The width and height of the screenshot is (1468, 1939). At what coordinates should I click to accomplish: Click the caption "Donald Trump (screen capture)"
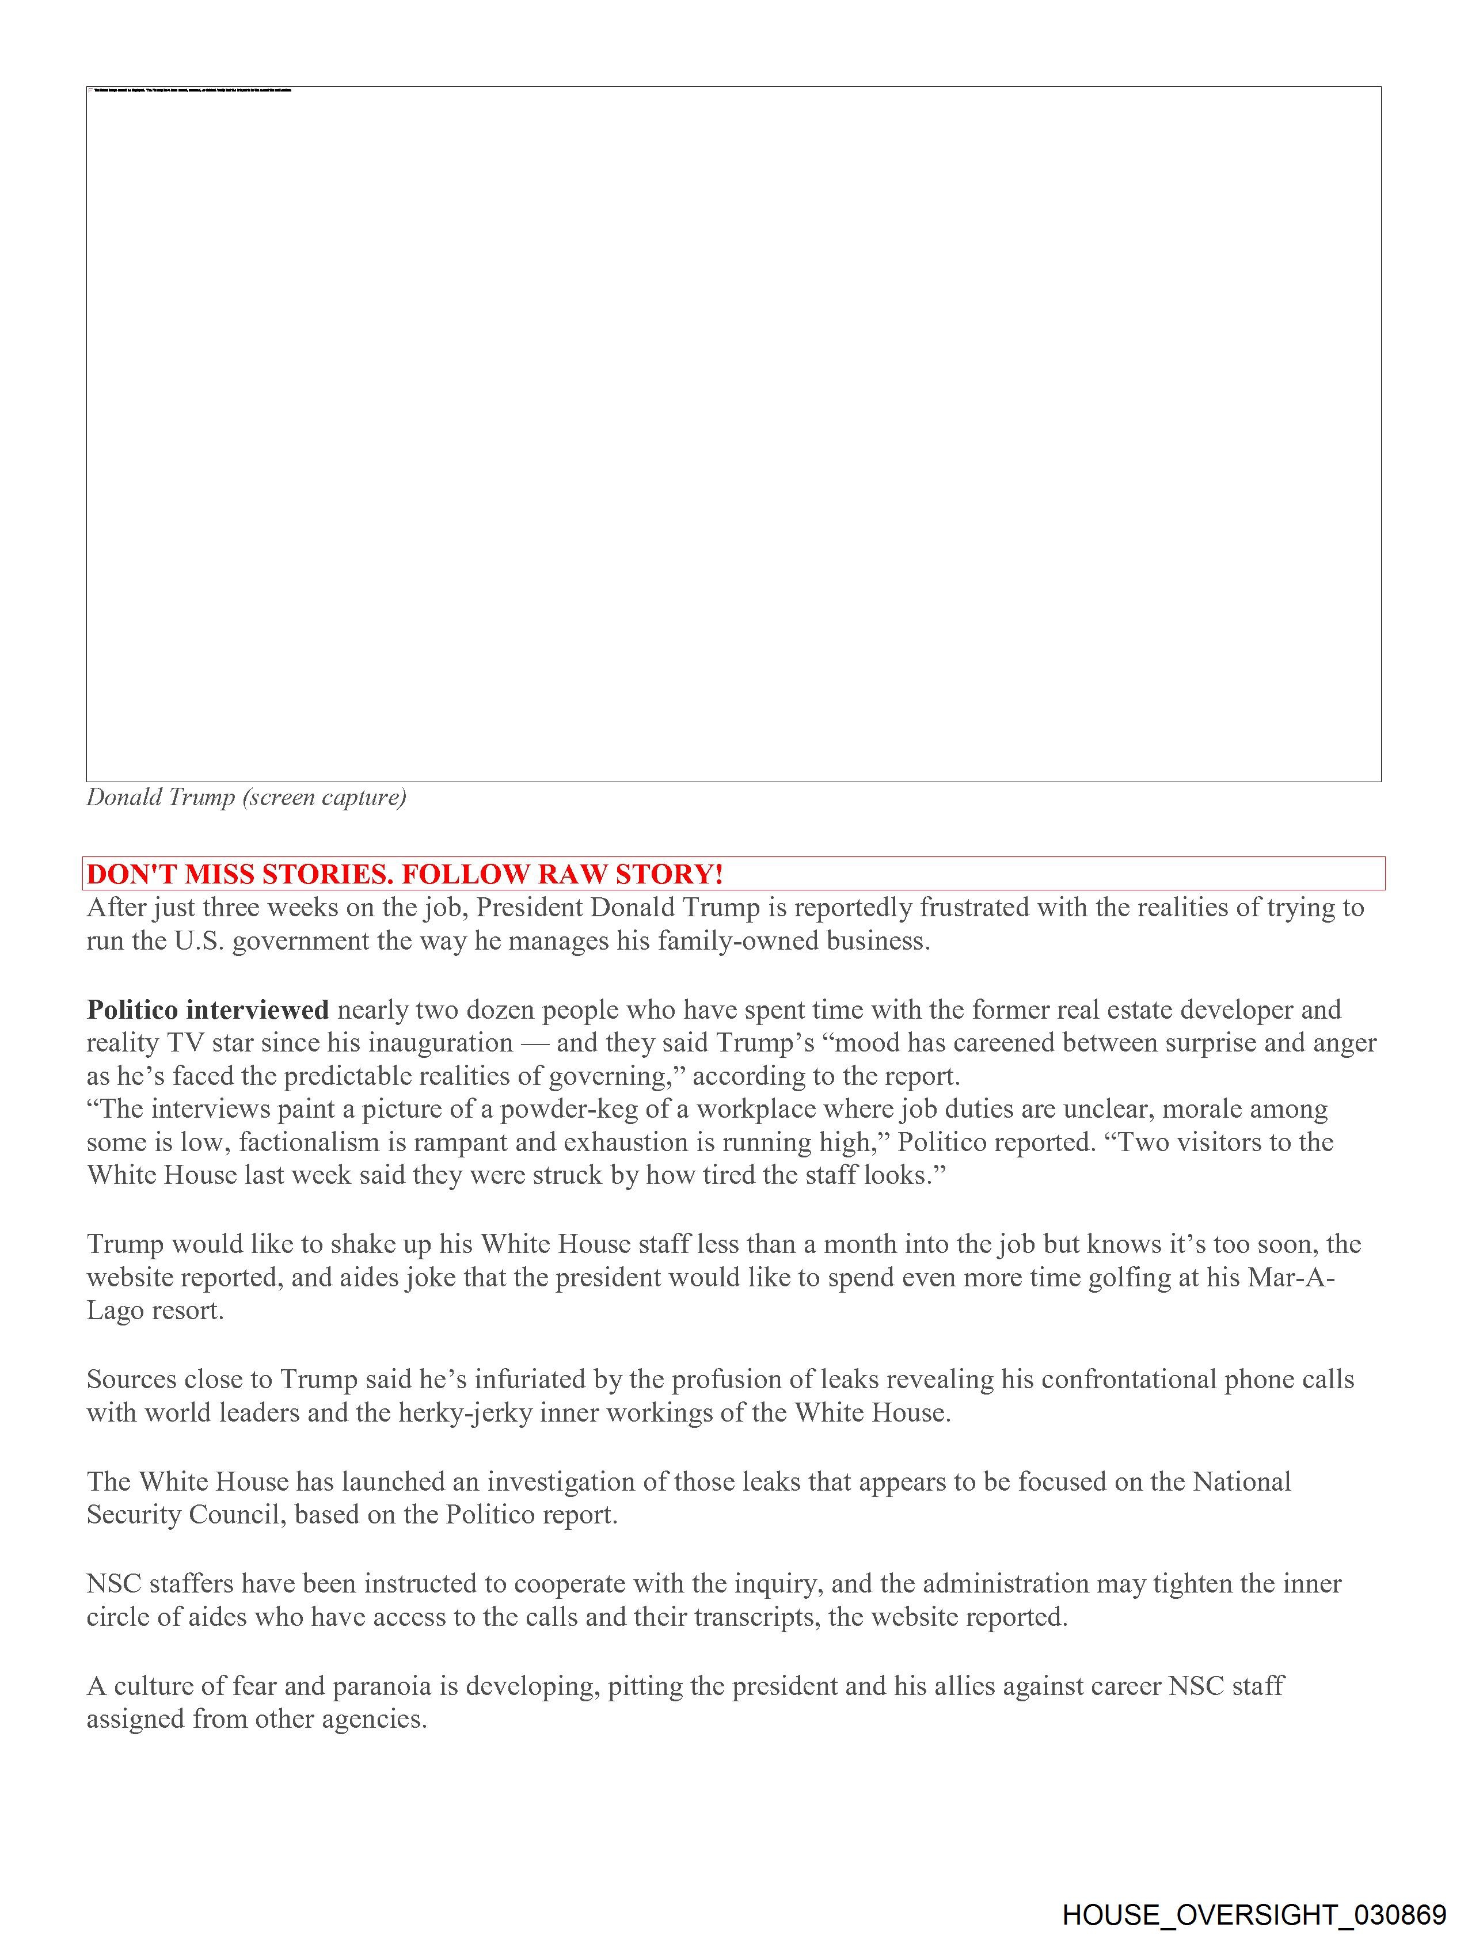246,798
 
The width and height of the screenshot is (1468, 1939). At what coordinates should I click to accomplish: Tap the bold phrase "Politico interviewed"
208,1010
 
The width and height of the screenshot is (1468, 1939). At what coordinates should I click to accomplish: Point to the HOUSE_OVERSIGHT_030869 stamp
1254,1914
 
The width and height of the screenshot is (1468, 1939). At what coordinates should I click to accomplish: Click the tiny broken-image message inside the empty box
193,90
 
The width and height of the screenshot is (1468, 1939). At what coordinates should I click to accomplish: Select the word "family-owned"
702,942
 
